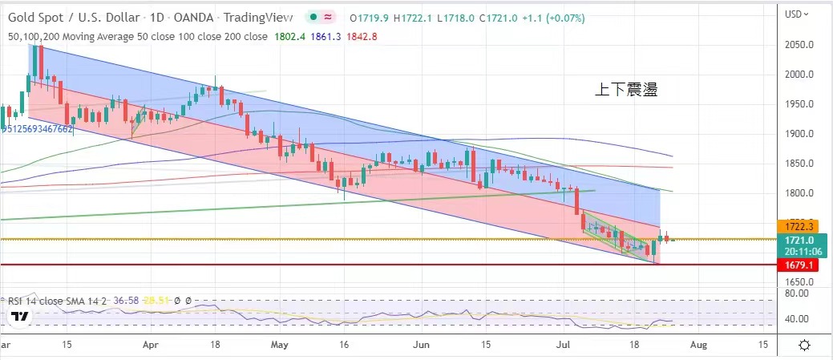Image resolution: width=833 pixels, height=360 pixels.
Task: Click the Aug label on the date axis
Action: [698, 344]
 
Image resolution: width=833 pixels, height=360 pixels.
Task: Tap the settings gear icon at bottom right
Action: [804, 345]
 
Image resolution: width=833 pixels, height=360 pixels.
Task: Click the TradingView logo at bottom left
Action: [20, 318]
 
